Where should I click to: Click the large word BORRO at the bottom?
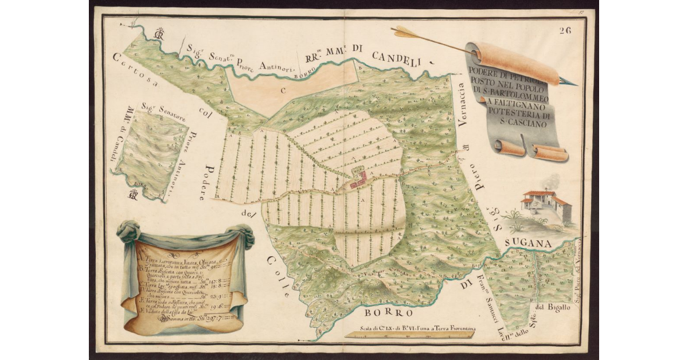389,313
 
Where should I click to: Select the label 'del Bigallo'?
553,308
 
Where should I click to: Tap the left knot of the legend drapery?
128,232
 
